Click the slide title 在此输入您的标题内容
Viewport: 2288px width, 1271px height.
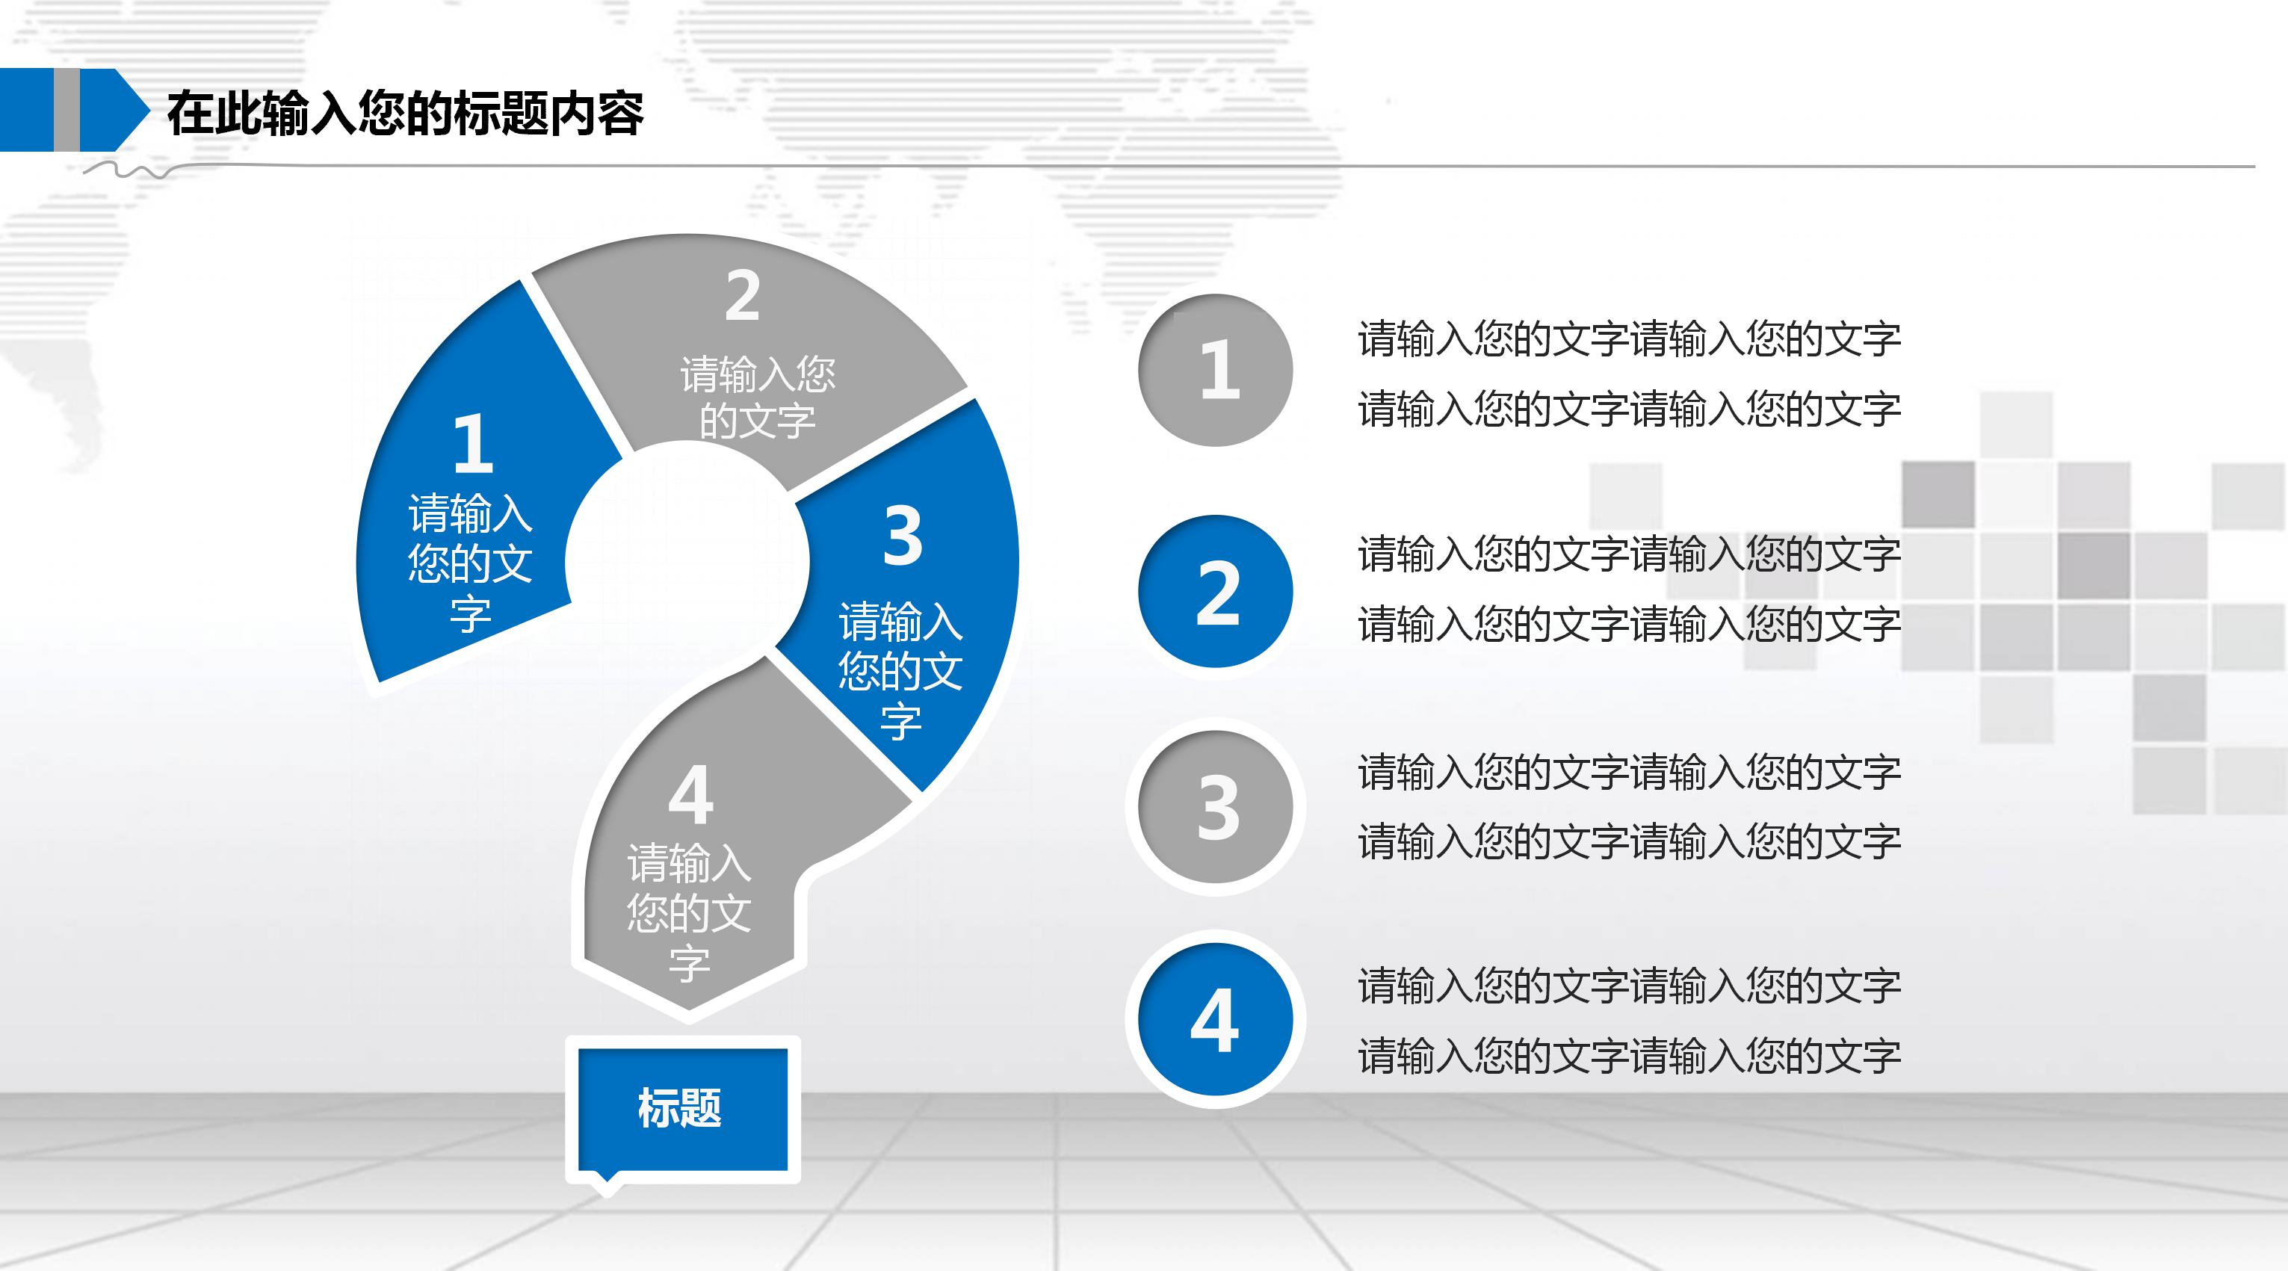tap(405, 114)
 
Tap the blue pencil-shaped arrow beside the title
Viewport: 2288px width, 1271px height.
tap(71, 110)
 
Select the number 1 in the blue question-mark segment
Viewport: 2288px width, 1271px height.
tap(472, 443)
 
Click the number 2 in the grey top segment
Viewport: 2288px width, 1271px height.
tap(743, 296)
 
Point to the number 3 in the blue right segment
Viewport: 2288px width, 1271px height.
tap(903, 536)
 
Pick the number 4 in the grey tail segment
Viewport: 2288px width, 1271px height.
tap(691, 795)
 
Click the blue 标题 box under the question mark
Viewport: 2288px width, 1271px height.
tap(682, 1108)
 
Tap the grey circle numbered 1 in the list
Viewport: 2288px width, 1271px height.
tap(1215, 371)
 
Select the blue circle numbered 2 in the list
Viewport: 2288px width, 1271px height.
tap(1215, 592)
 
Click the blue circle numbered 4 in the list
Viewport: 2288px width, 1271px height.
tap(1215, 1020)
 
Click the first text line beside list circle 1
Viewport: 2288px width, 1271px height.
tap(1629, 339)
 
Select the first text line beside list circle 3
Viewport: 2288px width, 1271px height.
tap(1629, 772)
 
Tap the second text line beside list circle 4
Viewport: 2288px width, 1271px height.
tap(1629, 1056)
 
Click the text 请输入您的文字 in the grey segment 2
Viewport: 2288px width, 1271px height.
tap(758, 397)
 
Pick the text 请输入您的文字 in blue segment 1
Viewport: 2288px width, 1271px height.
tap(470, 563)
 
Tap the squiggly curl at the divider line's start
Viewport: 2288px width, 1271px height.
tap(133, 170)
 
